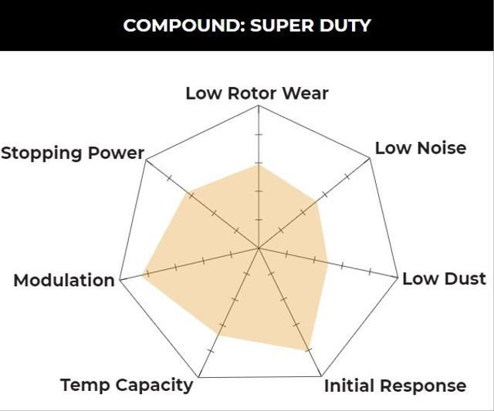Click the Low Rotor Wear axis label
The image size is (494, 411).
[257, 93]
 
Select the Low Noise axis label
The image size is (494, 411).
[420, 147]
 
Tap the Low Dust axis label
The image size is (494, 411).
[444, 278]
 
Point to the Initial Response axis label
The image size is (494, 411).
[394, 386]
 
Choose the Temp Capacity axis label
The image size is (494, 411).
[127, 385]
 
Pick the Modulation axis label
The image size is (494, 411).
[64, 280]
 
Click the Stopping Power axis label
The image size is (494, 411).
[73, 153]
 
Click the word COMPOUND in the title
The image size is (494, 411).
[174, 25]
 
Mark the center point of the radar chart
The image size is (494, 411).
[258, 248]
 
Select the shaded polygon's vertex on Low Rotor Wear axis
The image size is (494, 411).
[258, 163]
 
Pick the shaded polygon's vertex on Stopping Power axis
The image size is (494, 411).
[190, 193]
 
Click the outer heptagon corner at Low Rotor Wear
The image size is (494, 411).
[258, 106]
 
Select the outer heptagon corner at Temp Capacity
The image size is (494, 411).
[198, 377]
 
